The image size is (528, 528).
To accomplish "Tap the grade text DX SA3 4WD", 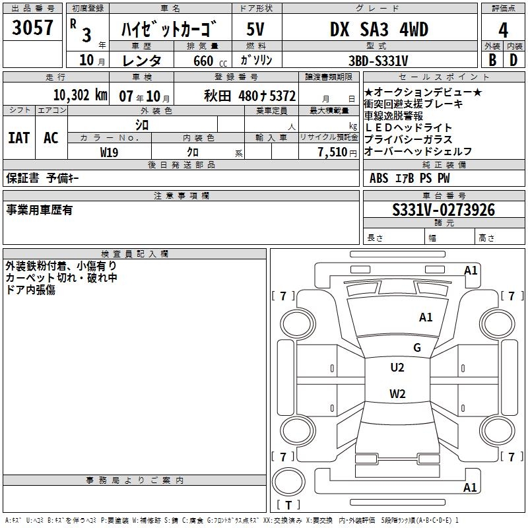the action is coord(379,29).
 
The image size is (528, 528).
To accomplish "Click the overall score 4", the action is coord(504,30).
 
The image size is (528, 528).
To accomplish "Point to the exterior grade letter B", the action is coord(492,59).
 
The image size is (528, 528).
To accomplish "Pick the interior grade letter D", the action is coord(513,59).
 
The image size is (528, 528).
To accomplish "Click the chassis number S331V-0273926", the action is coord(443,210).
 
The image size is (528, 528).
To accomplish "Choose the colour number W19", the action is coord(109,152).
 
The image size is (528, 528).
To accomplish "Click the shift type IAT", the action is coord(18,138).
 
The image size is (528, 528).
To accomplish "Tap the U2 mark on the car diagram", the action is coord(397,368).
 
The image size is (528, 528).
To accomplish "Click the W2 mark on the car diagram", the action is coord(397,394).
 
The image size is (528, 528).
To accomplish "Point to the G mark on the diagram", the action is coord(417,348).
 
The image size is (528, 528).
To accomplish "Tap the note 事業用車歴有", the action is coord(39,210).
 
